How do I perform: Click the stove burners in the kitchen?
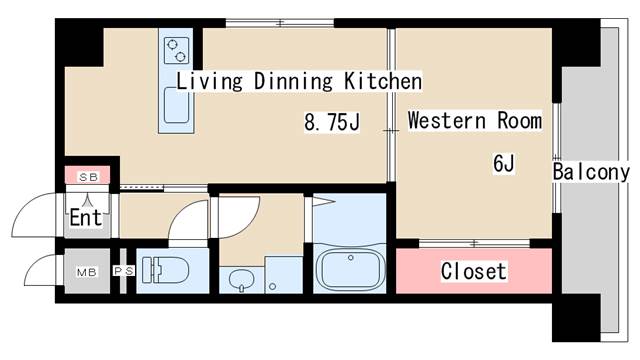coord(177,50)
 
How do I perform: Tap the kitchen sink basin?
coord(176,106)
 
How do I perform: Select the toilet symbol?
coord(165,270)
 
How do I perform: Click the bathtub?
coord(350,269)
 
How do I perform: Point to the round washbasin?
coord(241,280)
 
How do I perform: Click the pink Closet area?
coord(474,271)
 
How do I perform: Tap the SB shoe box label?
coord(89,177)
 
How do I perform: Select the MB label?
coord(87,272)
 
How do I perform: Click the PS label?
coord(124,271)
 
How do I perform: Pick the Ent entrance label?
coord(86,217)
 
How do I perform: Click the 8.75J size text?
coord(332,122)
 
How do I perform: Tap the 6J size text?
coord(504,163)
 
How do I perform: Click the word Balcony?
coord(591,172)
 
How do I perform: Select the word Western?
coord(447,120)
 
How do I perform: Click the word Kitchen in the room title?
coord(383,80)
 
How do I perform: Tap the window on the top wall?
coord(280,23)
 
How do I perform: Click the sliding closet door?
coord(474,244)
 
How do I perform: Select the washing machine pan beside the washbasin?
coord(284,275)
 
